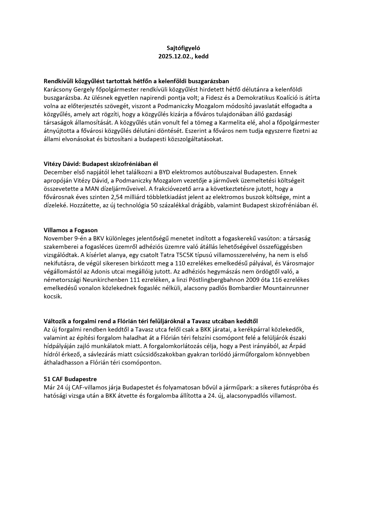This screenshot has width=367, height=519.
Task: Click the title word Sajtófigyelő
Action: point(183,48)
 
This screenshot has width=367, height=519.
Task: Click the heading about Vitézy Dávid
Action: point(101,164)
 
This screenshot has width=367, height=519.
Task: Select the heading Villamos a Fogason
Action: point(71,230)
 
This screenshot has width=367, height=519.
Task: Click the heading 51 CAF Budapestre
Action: point(70,379)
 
